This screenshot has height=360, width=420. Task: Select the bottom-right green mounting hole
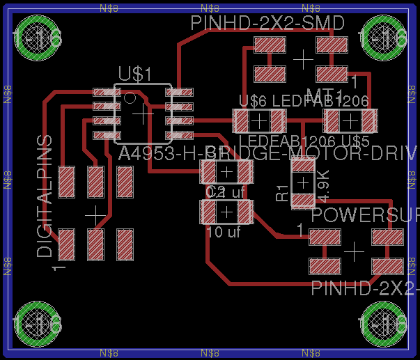click(x=383, y=324)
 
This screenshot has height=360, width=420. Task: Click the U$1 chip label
click(x=134, y=74)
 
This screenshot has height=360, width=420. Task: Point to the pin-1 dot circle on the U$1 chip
click(x=130, y=97)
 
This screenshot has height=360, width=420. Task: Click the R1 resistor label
click(x=281, y=193)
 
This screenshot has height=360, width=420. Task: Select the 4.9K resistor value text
click(x=322, y=182)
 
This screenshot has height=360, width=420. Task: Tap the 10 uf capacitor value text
click(x=224, y=232)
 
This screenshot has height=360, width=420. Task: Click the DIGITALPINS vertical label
click(x=45, y=196)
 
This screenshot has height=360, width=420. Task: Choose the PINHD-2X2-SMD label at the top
click(x=268, y=23)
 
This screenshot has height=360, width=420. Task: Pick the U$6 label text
click(x=252, y=101)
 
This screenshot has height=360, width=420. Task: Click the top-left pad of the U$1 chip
click(x=107, y=92)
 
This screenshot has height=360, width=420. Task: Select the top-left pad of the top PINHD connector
click(x=270, y=46)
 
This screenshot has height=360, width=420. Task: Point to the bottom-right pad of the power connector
click(x=387, y=265)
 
